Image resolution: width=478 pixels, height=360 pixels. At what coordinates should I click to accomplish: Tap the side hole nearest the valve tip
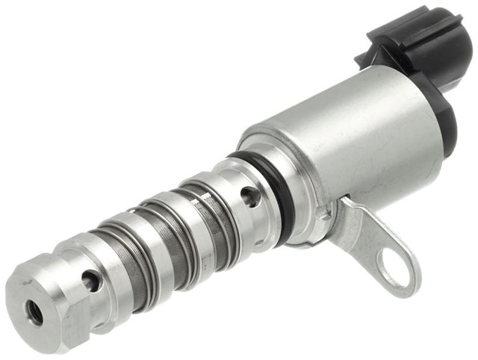(90, 281)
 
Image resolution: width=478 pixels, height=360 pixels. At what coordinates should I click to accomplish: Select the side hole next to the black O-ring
(250, 196)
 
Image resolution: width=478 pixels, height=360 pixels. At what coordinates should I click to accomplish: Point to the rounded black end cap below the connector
(447, 120)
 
